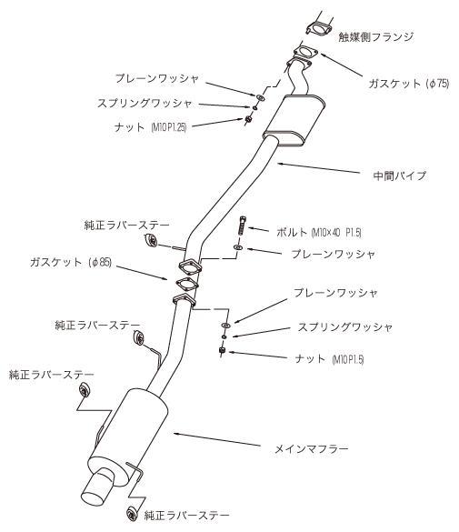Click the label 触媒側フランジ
[x=375, y=36]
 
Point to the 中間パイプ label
[x=401, y=175]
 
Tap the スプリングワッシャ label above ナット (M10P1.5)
[x=336, y=326]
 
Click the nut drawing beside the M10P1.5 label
[x=223, y=350]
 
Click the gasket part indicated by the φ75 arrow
[x=303, y=53]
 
